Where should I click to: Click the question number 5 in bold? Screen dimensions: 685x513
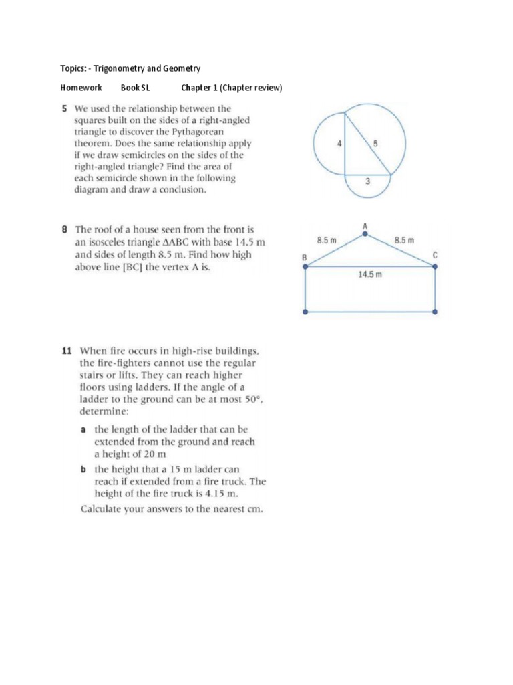point(65,108)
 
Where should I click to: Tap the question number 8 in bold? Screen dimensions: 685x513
point(65,229)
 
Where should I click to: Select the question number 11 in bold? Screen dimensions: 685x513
point(66,350)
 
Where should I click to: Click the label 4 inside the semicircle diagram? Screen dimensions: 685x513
point(339,143)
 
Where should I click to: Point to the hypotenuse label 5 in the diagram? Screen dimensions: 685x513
point(375,143)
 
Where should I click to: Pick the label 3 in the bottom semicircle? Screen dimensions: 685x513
point(367,181)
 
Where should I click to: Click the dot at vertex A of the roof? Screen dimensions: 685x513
point(365,235)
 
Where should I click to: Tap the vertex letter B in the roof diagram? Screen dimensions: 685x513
point(305,257)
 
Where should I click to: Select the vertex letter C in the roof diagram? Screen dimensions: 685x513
point(435,254)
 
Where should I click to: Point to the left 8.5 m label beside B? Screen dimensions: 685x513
point(326,239)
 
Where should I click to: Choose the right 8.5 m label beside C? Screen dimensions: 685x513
point(404,239)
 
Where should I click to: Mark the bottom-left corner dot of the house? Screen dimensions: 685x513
point(306,312)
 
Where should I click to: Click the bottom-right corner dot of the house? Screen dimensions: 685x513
point(435,312)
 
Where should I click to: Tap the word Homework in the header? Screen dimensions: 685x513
point(81,88)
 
